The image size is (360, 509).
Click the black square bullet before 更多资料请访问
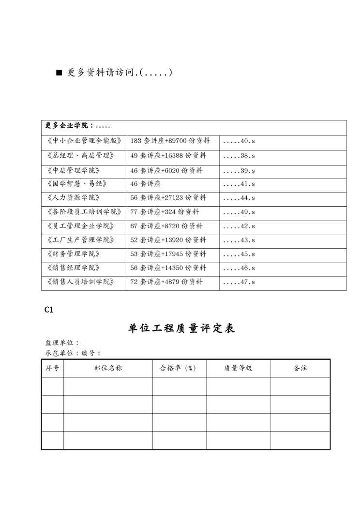click(60, 74)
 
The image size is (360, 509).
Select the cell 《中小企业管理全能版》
click(84, 141)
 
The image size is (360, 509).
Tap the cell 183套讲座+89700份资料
click(170, 141)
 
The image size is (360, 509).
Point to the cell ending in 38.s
click(239, 156)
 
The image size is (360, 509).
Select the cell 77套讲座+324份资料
click(165, 212)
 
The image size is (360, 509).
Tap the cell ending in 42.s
click(239, 226)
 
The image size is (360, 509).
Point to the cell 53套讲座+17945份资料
click(168, 254)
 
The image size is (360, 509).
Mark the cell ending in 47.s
click(239, 282)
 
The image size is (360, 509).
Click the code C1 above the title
click(48, 310)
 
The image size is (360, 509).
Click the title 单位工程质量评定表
click(181, 329)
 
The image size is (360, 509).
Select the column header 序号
click(52, 368)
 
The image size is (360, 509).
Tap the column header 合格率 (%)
click(178, 368)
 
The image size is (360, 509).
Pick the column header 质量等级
click(238, 368)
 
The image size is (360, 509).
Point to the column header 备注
click(300, 368)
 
